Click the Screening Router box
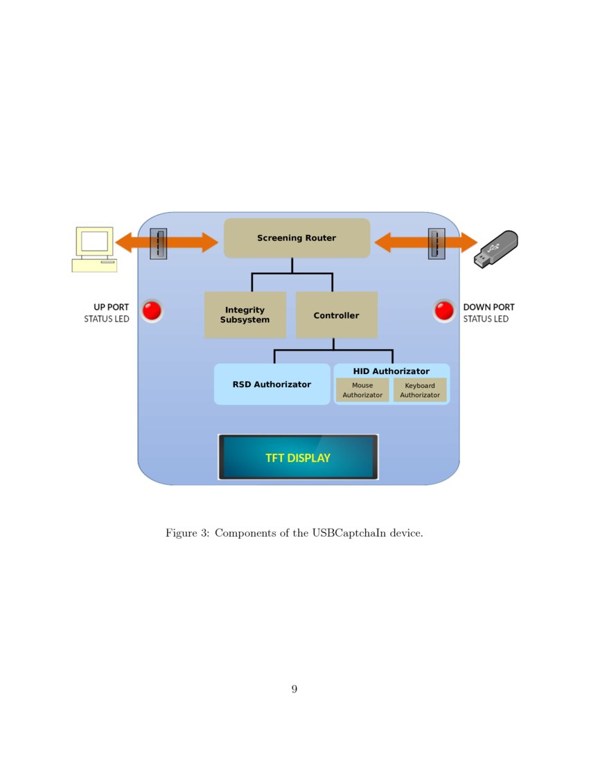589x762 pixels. coord(297,238)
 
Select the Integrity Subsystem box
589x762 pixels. coord(245,315)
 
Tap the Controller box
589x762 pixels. coord(336,315)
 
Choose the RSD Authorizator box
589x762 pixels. coord(272,384)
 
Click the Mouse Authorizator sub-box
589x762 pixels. coord(362,390)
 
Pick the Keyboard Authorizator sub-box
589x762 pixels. coord(420,390)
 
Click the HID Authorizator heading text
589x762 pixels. coord(392,371)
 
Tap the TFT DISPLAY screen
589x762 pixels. coord(298,457)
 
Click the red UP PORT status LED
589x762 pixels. coord(152,311)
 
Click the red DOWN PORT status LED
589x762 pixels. coord(444,311)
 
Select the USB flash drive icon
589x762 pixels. coord(495,249)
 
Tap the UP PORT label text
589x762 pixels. coord(111,307)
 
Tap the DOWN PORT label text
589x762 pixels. coord(489,307)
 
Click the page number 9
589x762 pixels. coord(294,689)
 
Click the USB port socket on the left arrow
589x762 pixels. coord(159,244)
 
